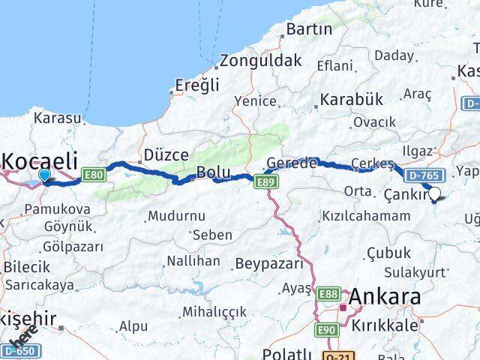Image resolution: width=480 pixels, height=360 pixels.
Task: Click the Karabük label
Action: [351, 100]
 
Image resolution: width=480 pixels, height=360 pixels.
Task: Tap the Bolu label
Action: [212, 172]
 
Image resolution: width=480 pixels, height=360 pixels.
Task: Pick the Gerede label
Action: [292, 164]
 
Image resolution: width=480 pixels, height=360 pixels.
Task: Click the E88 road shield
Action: [327, 294]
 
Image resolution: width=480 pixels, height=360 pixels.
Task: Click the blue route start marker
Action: [44, 176]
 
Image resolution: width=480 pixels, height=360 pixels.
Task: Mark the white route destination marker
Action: [434, 195]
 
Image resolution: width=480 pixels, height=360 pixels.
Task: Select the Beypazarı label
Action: [269, 264]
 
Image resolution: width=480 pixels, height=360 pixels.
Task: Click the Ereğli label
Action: [197, 85]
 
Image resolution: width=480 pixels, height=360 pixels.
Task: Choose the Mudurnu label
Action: [177, 215]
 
